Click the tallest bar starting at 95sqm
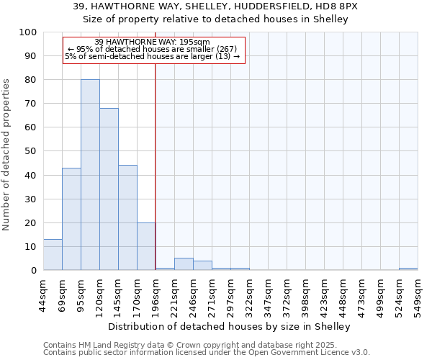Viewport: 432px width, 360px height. (x=90, y=175)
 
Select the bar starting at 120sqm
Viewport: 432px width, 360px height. (x=109, y=189)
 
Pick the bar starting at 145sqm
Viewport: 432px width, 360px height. (x=127, y=217)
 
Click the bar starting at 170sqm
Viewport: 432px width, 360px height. (x=146, y=246)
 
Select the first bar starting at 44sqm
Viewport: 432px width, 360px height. (x=53, y=255)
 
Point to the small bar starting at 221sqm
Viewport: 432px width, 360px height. (x=184, y=264)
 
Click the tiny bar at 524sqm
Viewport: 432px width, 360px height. (x=408, y=269)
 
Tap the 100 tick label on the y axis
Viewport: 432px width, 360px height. (x=28, y=32)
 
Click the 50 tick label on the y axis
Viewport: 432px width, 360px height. (x=31, y=151)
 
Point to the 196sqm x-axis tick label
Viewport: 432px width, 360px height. (x=156, y=293)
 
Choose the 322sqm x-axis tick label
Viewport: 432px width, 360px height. (x=250, y=293)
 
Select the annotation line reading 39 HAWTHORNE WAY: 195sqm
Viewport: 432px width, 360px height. (x=153, y=42)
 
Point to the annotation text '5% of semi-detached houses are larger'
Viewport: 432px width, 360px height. (x=153, y=55)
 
